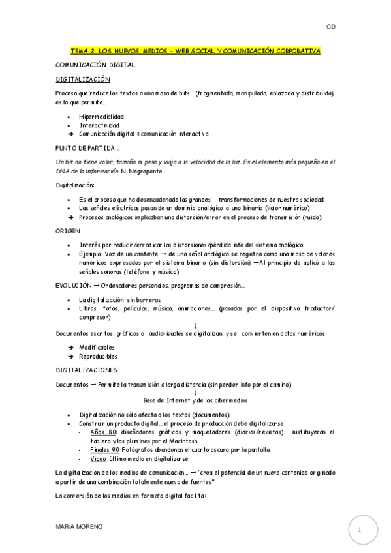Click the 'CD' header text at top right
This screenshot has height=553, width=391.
(331, 27)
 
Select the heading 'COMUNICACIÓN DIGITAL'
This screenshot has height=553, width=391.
(95, 65)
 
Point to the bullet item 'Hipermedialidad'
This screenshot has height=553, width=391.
(102, 117)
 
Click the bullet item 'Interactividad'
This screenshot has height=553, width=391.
(100, 125)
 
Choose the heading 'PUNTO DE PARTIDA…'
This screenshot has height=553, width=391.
(87, 148)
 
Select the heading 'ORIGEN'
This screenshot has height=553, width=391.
(68, 231)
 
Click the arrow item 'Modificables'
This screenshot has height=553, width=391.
(97, 347)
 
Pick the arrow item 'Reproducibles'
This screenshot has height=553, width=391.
(99, 356)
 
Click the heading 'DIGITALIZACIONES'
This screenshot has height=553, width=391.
(87, 370)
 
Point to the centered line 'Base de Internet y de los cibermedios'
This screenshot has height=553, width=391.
(195, 400)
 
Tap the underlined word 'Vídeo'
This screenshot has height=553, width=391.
(99, 458)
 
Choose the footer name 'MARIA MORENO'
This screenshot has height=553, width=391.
(78, 526)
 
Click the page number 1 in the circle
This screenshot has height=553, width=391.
(360, 531)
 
